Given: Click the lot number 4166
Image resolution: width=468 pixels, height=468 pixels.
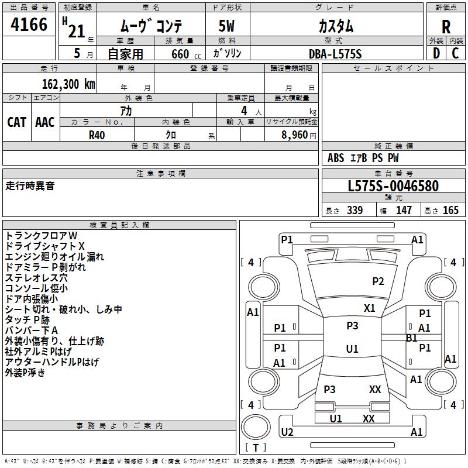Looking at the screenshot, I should pos(29,25).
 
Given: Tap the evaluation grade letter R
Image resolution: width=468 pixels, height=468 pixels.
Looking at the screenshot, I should pos(446,26).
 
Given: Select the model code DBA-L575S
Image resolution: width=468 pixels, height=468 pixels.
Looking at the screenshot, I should pos(335,54).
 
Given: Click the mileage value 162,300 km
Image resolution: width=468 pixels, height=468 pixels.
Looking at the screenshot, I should pos(68,84).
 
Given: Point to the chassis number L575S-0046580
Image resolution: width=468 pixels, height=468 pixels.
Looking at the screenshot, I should pos(393,187).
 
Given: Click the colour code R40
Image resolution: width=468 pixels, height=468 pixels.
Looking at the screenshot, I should pos(97,134).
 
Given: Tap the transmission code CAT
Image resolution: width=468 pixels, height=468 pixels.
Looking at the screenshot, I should pos(17,122).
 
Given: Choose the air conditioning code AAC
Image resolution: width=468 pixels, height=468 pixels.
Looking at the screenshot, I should pos(45,122).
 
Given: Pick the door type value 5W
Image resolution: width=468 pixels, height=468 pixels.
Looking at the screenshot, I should pos(228,26).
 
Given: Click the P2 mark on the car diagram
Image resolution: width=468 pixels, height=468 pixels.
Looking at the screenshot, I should pos(378,281).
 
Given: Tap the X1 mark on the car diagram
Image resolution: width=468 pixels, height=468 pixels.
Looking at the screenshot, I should pos(370,308).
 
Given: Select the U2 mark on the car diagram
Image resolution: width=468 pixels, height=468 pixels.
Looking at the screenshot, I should pos(287,432).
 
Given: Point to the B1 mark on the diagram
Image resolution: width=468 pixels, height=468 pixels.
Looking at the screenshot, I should pos(411,338).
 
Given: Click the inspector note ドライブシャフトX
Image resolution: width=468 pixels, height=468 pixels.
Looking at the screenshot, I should pos(45,246).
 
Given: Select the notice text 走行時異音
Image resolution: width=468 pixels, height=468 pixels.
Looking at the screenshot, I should pos(30,186).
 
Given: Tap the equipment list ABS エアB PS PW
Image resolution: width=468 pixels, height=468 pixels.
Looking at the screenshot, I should pos(363,158).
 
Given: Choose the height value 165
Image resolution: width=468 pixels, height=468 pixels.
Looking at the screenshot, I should pos(450,211).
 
